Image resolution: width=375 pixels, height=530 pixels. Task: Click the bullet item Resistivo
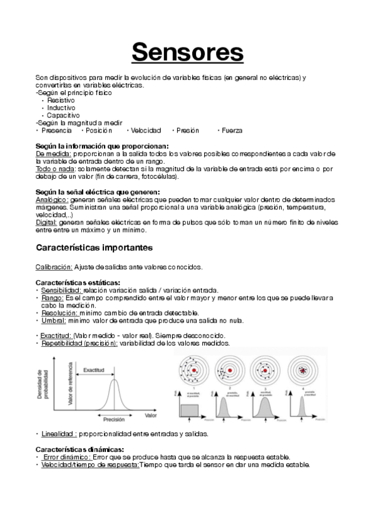pos(61,100)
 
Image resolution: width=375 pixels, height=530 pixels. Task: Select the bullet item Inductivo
pos(61,107)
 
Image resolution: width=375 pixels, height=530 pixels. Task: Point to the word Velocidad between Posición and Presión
pos(146,131)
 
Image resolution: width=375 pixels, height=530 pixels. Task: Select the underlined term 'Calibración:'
pos(54,267)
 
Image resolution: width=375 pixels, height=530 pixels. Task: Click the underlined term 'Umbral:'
pos(54,321)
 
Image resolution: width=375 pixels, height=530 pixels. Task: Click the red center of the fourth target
pos(306,371)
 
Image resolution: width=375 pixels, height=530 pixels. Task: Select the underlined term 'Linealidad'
pos(59,433)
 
